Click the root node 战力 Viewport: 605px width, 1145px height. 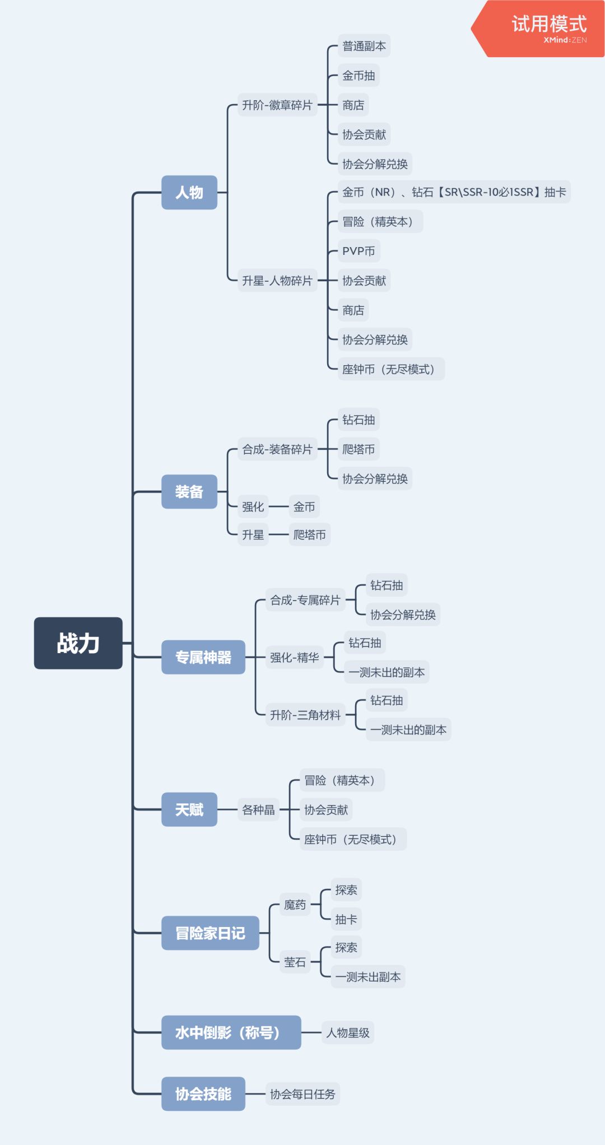pyautogui.click(x=78, y=643)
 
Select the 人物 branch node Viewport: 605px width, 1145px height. pyautogui.click(x=189, y=193)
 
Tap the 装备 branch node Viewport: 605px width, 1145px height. pyautogui.click(x=189, y=492)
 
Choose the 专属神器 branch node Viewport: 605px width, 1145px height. pyautogui.click(x=203, y=657)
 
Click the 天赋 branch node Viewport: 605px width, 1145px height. pyautogui.click(x=189, y=809)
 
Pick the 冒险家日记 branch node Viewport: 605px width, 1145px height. pyautogui.click(x=210, y=933)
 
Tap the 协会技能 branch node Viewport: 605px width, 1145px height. pyautogui.click(x=203, y=1094)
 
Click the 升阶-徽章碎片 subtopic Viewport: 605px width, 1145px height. pyautogui.click(x=277, y=105)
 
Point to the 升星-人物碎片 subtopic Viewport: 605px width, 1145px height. pyautogui.click(x=277, y=281)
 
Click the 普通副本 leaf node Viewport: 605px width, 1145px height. pyautogui.click(x=364, y=46)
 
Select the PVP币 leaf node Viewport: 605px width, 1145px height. pyautogui.click(x=359, y=251)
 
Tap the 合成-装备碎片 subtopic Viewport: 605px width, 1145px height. pyautogui.click(x=277, y=449)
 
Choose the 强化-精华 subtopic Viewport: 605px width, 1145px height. pyautogui.click(x=295, y=657)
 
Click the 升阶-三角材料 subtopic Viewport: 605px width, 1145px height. pyautogui.click(x=305, y=715)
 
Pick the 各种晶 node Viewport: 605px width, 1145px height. pyautogui.click(x=258, y=809)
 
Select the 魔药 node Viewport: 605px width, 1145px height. pyautogui.click(x=295, y=905)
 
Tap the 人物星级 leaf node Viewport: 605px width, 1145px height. pyautogui.click(x=348, y=1032)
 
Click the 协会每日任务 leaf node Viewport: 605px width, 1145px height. pyautogui.click(x=302, y=1094)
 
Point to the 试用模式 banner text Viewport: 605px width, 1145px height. pyautogui.click(x=549, y=24)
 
